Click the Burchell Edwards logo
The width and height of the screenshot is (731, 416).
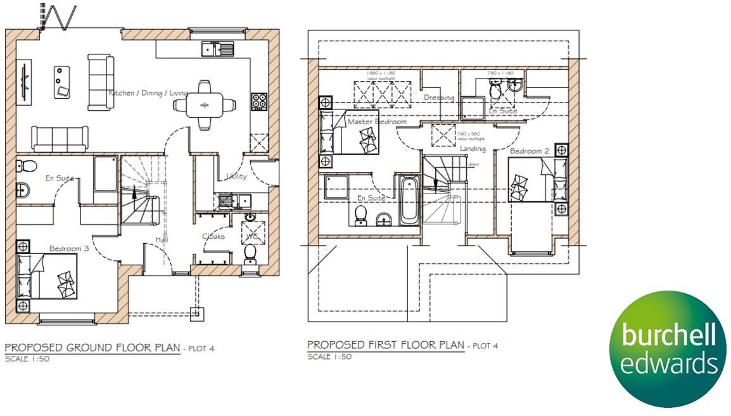coord(666,349)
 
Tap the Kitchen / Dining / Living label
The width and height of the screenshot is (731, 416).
coord(149,93)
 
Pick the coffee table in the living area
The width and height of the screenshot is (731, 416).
coord(61,81)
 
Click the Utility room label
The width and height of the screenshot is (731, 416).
coord(236,177)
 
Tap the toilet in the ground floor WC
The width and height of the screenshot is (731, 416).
coord(250,252)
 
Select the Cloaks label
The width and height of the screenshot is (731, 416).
coord(213,236)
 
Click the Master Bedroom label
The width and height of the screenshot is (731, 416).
coord(377,122)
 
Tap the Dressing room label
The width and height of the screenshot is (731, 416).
coord(439,98)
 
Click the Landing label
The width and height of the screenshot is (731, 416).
coord(473,149)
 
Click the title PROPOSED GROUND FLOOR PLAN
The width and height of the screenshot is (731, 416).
coord(92,348)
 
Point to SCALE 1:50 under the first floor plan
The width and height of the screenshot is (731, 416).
coord(329,356)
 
